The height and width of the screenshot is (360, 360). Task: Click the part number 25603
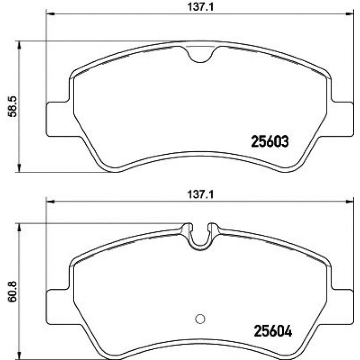[x=270, y=141]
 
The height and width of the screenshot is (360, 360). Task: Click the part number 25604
[x=273, y=331]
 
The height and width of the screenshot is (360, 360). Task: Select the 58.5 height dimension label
[x=12, y=107]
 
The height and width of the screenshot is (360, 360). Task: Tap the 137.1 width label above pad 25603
[x=200, y=7]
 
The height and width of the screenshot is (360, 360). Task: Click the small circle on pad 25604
[x=200, y=319]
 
